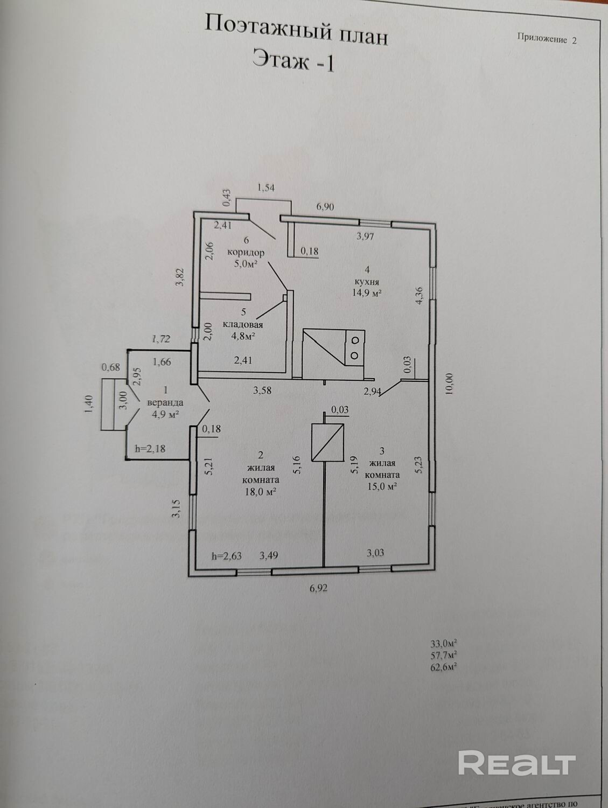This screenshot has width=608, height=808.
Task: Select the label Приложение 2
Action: [547, 39]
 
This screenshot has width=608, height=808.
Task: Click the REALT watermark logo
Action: [517, 764]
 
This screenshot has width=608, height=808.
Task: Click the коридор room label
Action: [246, 252]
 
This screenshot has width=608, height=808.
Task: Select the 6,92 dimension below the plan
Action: [318, 588]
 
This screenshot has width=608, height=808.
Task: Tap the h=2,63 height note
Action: [226, 556]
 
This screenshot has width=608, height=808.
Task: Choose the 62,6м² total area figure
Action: [444, 666]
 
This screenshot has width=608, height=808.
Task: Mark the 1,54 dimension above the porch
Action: [267, 187]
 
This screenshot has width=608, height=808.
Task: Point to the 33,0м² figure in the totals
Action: [444, 643]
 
